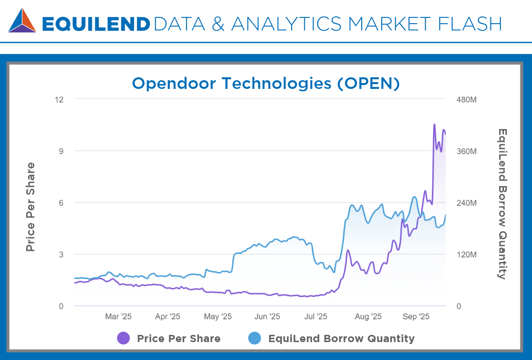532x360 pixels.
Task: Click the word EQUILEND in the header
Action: pyautogui.click(x=96, y=24)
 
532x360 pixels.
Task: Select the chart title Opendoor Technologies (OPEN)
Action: pyautogui.click(x=266, y=83)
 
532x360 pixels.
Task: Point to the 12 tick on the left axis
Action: pyautogui.click(x=59, y=100)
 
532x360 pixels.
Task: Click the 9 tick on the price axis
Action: pyautogui.click(x=61, y=151)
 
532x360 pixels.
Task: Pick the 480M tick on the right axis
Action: pyautogui.click(x=467, y=100)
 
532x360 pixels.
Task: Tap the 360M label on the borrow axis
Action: pyautogui.click(x=467, y=151)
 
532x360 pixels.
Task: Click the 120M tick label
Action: pyautogui.click(x=467, y=255)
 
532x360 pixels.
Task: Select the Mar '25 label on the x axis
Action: pyautogui.click(x=118, y=317)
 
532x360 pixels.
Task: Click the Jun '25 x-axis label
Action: pyautogui.click(x=267, y=317)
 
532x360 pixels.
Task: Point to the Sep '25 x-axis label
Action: pyautogui.click(x=416, y=317)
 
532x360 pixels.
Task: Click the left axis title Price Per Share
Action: pyautogui.click(x=30, y=207)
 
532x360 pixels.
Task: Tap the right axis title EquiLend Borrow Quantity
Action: pyautogui.click(x=502, y=203)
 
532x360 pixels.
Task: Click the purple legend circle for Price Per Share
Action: pyautogui.click(x=124, y=338)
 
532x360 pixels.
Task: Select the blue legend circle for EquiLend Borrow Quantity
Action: pyautogui.click(x=255, y=338)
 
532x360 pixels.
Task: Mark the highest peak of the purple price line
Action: pyautogui.click(x=434, y=125)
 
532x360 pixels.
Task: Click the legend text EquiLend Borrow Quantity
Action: pyautogui.click(x=341, y=338)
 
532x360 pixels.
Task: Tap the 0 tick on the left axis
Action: pyautogui.click(x=61, y=306)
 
